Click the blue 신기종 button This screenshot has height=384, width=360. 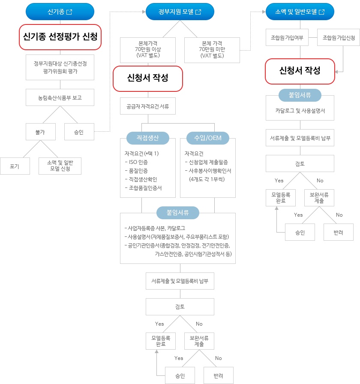(60, 12)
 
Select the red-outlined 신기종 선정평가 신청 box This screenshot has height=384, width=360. (60, 36)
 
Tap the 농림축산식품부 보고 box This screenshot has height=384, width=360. (60, 98)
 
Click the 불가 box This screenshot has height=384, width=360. (41, 132)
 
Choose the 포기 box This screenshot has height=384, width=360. (15, 166)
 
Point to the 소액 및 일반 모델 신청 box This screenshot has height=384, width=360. (60, 166)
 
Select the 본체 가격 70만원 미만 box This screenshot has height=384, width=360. (212, 49)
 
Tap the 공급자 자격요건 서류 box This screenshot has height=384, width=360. (148, 106)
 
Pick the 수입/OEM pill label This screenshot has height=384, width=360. (208, 138)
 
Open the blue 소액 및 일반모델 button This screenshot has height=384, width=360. (300, 12)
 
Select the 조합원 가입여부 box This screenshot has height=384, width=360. (287, 38)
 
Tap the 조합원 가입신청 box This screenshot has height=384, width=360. (339, 38)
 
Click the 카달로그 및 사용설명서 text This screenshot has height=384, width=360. (300, 110)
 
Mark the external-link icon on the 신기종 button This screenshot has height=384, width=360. (69, 12)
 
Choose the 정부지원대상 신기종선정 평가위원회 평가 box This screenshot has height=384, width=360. (60, 67)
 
